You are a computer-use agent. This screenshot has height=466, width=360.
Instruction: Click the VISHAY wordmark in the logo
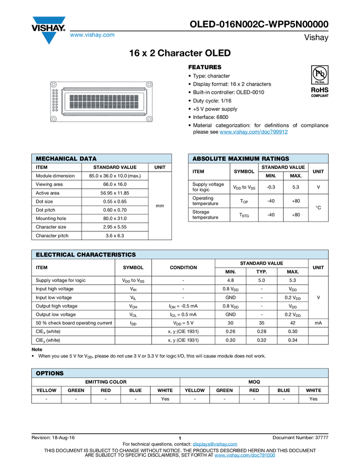48,26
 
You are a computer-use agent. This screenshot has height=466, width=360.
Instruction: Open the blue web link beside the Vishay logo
92,35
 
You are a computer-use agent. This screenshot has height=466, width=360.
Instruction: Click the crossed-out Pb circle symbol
320,73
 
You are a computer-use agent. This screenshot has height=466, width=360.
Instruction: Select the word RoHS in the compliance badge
320,89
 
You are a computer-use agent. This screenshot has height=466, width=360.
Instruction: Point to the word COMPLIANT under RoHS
320,95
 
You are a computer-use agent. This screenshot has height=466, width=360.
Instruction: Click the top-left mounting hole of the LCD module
54,85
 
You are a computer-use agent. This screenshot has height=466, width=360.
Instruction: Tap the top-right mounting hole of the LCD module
148,85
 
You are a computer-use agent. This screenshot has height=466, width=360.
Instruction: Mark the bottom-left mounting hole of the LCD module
54,119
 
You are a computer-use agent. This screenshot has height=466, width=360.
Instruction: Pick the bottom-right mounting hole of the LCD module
148,119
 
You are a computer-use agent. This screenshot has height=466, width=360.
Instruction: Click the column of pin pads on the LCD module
55,102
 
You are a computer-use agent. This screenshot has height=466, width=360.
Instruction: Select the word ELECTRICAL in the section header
55,254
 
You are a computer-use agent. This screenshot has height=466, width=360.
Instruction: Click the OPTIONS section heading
50,373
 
